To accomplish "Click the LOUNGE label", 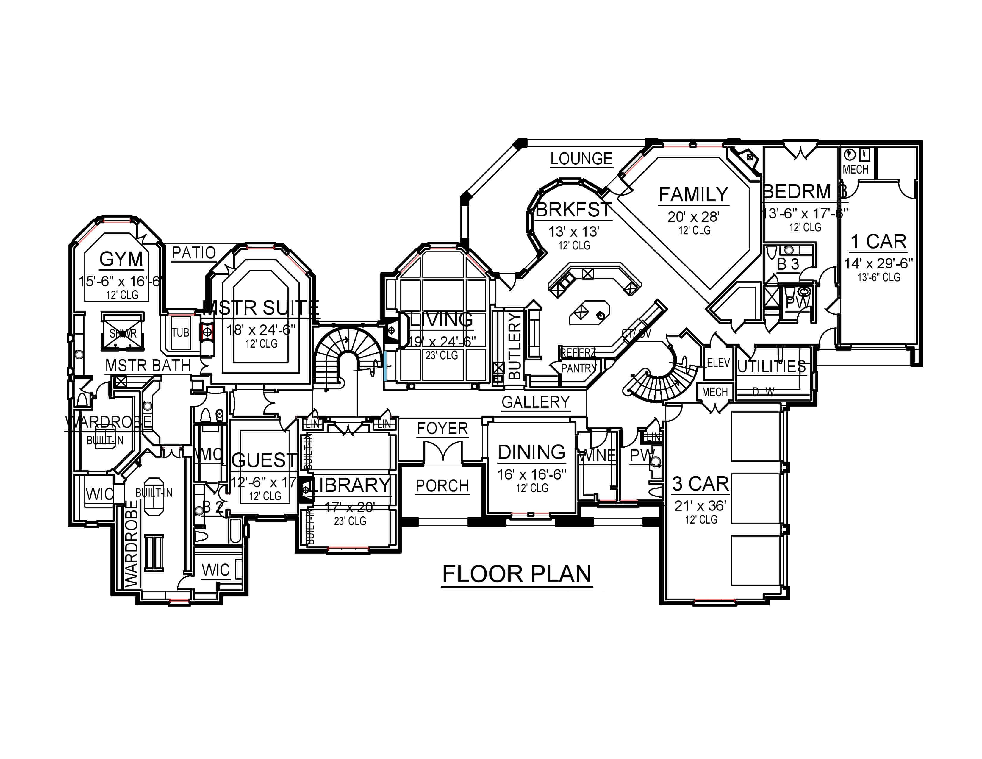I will tap(581, 159).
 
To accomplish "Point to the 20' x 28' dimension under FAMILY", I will tap(693, 217).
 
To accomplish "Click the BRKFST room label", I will tap(574, 210).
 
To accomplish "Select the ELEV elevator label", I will tap(718, 363).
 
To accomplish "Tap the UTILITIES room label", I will tap(772, 366).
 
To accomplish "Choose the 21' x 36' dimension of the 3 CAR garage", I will tap(700, 506).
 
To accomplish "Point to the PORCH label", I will tap(442, 486).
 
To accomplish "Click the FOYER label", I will tap(442, 429).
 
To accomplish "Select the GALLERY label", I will tap(536, 402).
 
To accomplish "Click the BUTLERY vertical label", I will tap(515, 346).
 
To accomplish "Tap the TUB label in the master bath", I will tap(180, 333).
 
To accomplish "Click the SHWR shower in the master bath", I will tap(123, 333).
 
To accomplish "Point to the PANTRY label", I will tap(578, 368).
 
